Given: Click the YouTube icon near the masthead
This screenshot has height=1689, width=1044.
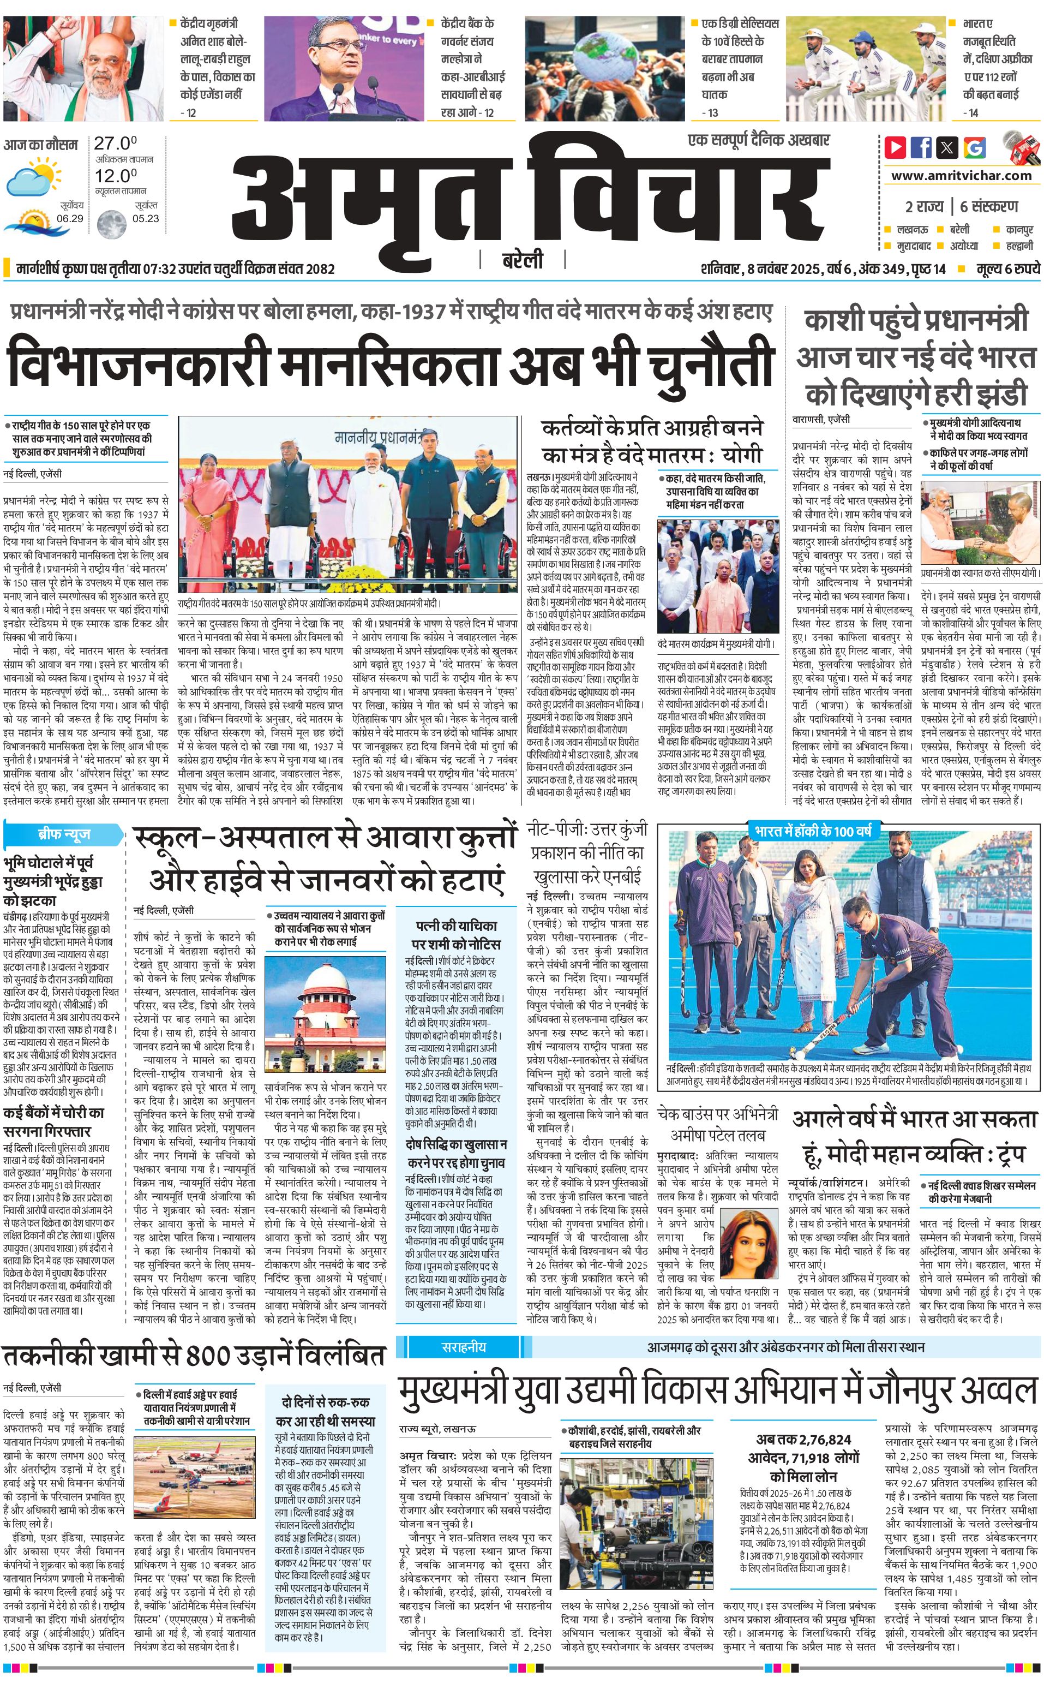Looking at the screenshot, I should pos(896,147).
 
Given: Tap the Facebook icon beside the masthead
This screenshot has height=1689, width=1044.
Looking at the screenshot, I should pos(921,147).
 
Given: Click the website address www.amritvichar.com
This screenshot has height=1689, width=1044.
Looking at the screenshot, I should pos(961,176).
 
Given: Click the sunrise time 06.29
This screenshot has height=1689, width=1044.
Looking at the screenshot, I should pos(70,218).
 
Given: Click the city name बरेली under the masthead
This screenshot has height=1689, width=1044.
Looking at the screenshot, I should pos(522,261).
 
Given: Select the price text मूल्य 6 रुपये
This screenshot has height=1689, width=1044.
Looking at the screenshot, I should pos(1007,268).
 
